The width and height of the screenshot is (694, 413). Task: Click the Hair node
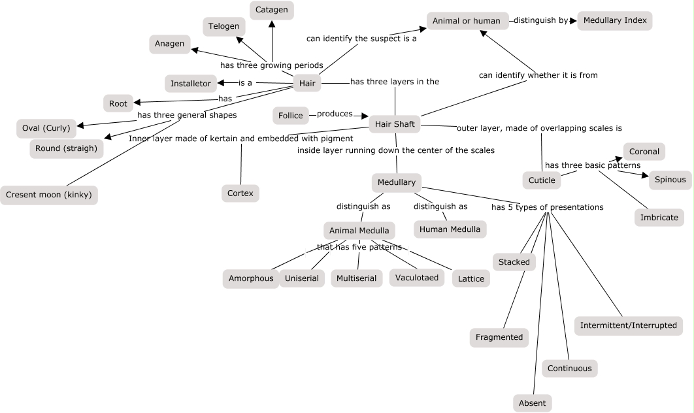[307, 83]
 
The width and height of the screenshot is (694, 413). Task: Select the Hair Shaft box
[395, 124]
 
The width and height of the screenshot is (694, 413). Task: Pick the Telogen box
[223, 27]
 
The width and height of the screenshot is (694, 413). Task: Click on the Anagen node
[170, 44]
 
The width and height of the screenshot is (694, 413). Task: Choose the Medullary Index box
[615, 20]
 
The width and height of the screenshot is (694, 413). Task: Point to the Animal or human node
[467, 21]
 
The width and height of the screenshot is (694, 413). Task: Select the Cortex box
[240, 193]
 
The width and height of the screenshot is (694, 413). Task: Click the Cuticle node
[542, 180]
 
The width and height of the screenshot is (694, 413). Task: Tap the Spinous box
[670, 180]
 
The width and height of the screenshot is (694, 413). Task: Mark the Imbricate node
[659, 218]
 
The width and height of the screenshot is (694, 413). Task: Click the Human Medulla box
[450, 229]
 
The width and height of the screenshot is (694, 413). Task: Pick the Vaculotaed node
[417, 277]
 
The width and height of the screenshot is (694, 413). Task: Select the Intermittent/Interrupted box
[629, 325]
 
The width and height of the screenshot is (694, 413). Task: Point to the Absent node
[532, 403]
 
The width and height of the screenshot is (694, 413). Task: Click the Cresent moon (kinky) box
[49, 195]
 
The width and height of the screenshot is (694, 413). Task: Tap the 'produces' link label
[335, 114]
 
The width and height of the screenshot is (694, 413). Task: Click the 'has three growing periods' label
[272, 65]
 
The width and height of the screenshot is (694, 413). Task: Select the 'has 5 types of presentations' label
[547, 207]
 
